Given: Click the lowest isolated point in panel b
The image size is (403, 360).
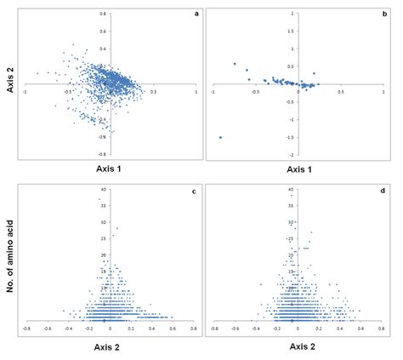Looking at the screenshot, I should click(x=219, y=137).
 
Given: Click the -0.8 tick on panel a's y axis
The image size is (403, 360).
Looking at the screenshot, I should click(x=103, y=155).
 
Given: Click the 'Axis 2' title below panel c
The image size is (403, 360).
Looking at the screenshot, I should click(x=106, y=347).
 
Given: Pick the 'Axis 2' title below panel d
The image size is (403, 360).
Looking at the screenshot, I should click(x=298, y=347).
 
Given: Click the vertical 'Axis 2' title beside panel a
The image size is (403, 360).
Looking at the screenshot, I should click(x=8, y=84).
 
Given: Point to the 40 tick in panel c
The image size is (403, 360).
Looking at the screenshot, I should click(x=101, y=189).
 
